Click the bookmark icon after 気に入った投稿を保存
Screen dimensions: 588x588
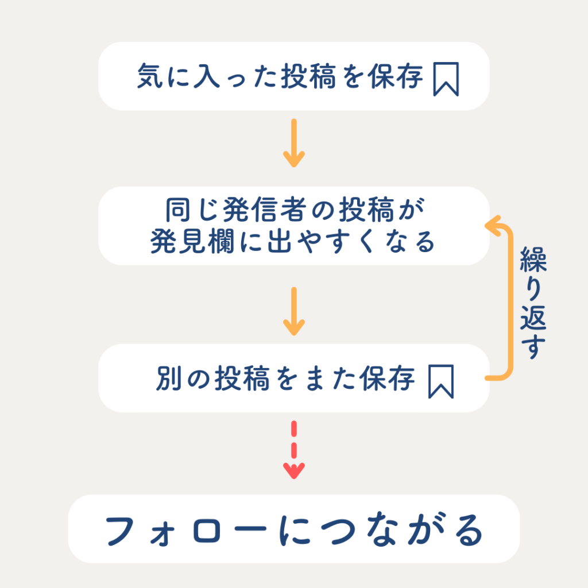point(446,79)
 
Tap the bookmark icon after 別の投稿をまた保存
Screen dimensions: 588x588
point(441,381)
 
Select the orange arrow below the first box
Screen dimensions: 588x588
point(294,143)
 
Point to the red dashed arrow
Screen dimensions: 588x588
point(294,450)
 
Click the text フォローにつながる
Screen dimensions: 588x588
point(294,532)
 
